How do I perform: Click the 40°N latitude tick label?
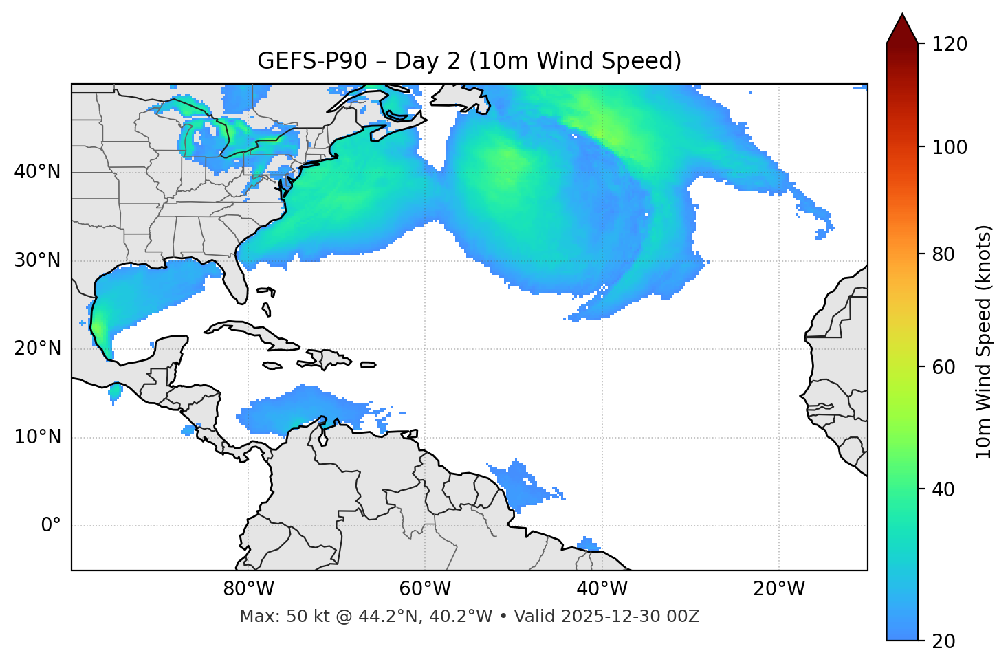37,172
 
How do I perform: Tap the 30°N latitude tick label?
37,260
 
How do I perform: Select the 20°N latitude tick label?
37,348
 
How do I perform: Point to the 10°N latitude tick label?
37,437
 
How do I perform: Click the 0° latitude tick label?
51,526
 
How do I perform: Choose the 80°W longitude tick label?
248,589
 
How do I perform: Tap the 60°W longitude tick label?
425,589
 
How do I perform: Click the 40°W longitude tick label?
602,589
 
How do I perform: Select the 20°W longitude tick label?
779,589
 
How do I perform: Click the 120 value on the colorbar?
950,45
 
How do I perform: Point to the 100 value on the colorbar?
950,147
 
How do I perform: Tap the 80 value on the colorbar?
942,254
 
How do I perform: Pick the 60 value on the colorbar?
942,367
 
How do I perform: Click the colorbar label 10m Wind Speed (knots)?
983,342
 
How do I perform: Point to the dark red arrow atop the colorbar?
902,30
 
